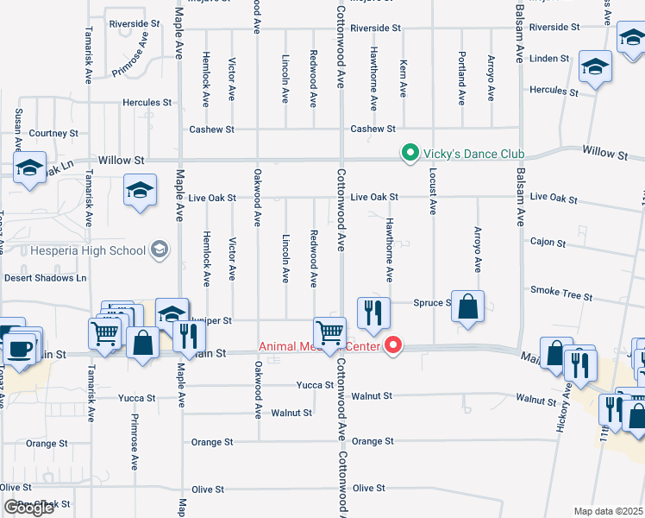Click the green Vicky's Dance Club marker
click(x=410, y=154)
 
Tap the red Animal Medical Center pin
click(x=393, y=346)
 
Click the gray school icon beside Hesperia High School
click(x=158, y=250)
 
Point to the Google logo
click(x=28, y=508)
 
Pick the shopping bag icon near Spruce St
click(x=467, y=306)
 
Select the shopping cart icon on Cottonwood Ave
click(x=330, y=332)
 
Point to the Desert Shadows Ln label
click(x=46, y=278)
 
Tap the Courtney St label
click(x=53, y=134)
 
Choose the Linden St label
click(x=549, y=59)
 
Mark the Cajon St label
click(x=548, y=243)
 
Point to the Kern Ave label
click(x=403, y=79)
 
